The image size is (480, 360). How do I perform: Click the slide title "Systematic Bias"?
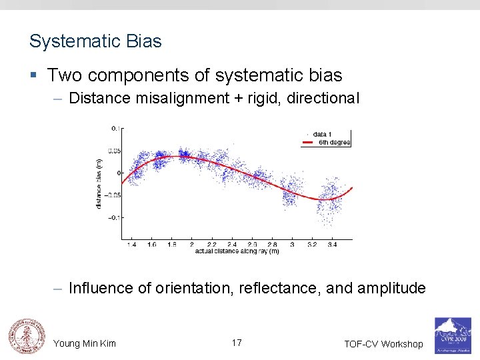[95, 41]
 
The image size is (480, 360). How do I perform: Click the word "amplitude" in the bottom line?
[391, 288]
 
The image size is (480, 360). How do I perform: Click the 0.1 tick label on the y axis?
[115, 128]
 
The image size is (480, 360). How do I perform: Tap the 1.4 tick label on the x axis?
[131, 245]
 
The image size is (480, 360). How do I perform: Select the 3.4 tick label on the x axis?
[332, 245]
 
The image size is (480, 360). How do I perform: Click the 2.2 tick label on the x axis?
[211, 245]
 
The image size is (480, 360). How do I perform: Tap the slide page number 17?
[237, 343]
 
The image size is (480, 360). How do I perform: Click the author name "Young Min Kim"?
[85, 343]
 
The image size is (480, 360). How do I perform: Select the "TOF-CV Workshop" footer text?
[383, 344]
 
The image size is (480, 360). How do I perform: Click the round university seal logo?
[26, 335]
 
